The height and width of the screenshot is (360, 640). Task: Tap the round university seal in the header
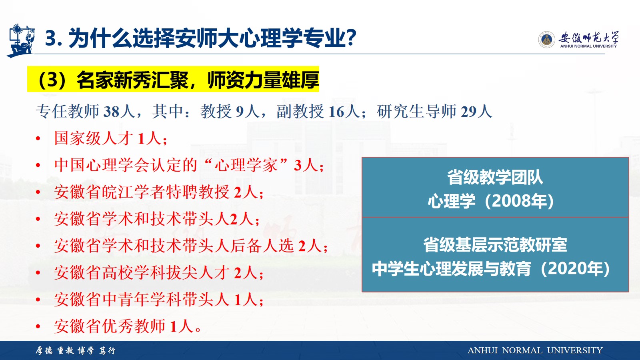546,40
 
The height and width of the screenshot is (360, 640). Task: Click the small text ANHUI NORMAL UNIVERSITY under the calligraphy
588,46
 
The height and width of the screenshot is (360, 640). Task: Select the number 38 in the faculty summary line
111,112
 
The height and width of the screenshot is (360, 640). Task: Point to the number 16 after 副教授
336,112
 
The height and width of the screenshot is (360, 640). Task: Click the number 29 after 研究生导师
468,112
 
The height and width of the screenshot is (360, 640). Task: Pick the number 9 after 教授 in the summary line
240,112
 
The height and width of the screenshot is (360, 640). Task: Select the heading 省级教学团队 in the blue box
495,178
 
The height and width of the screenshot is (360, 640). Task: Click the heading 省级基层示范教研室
495,245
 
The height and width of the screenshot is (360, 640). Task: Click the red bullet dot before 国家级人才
38,138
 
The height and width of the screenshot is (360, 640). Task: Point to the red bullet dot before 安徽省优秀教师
38,326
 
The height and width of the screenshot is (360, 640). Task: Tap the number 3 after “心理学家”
298,166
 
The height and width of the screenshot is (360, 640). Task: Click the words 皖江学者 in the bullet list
134,192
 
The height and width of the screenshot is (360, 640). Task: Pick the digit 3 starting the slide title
51,38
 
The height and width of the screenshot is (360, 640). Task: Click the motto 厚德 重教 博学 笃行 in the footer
76,350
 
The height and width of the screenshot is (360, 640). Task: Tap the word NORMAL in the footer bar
522,350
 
